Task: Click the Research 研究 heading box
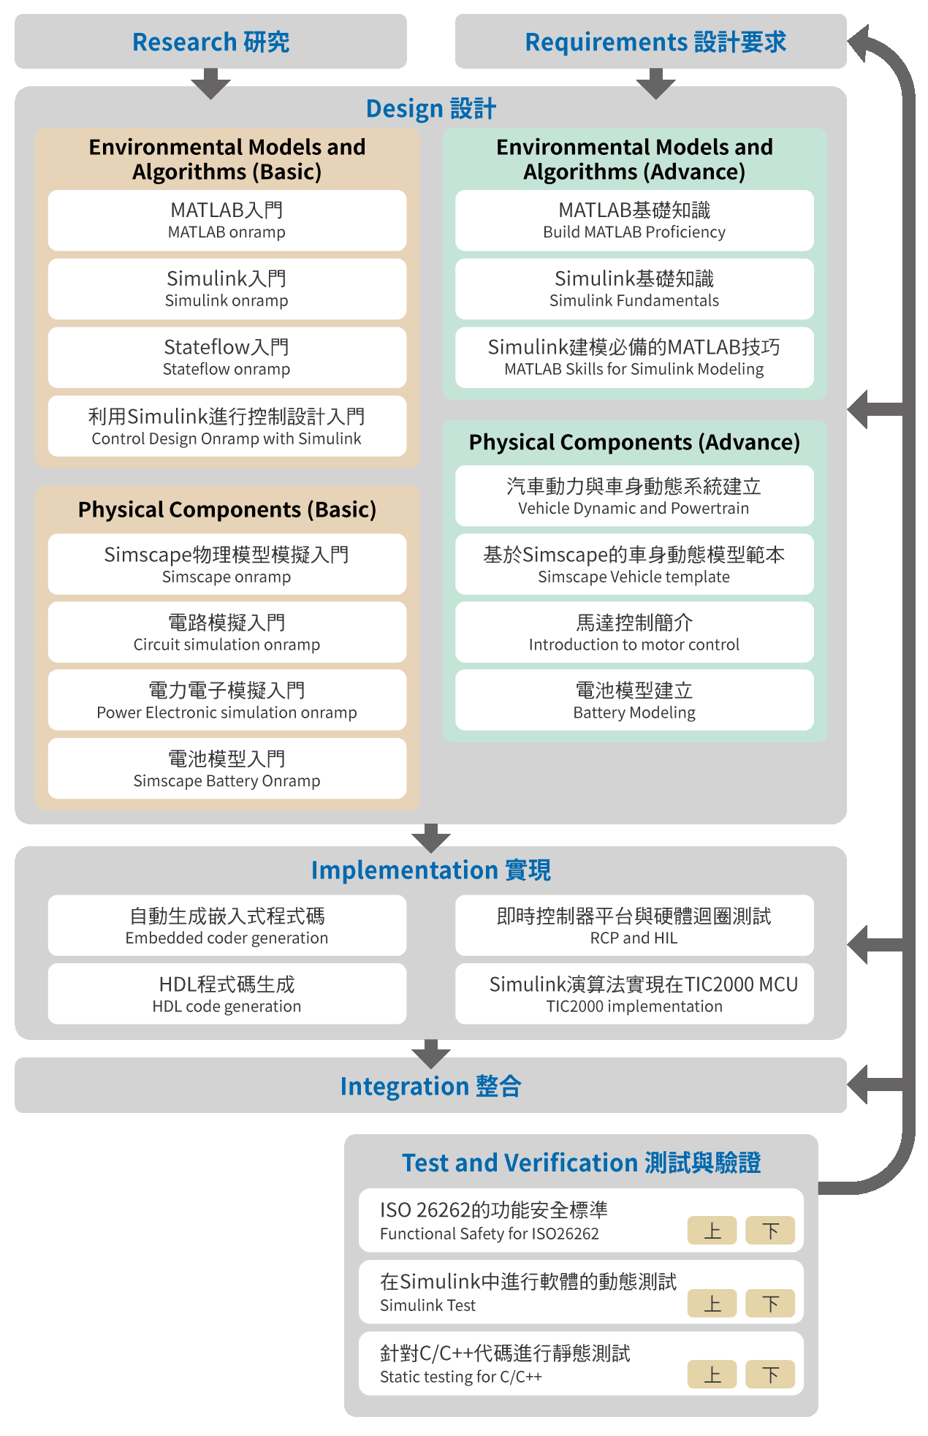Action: coord(210,42)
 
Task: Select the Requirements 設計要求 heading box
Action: coord(650,42)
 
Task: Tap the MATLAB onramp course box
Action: coord(227,221)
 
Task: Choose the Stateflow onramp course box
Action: coord(227,357)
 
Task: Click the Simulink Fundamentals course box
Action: coord(634,289)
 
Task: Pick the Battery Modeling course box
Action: coord(634,700)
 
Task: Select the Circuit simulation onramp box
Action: coord(227,632)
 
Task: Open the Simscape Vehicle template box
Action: coord(634,564)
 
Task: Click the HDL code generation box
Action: coord(227,994)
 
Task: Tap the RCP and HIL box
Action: coord(634,925)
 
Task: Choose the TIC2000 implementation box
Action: coord(634,994)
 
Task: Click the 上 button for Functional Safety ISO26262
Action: coord(712,1231)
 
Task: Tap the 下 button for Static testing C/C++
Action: coord(770,1375)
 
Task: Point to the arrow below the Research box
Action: coord(210,84)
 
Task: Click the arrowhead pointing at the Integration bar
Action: coord(858,1084)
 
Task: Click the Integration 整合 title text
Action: coord(430,1086)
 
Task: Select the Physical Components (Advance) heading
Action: coord(634,442)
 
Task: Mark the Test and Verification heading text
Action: coord(581,1163)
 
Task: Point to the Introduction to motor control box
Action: coord(634,632)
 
